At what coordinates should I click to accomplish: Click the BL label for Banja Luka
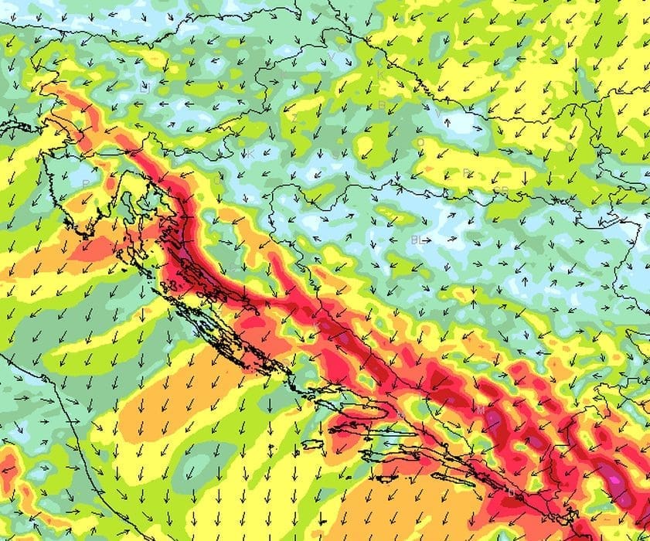417,240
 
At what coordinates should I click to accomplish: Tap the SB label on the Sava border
501,190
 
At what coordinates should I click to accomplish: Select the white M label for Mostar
480,409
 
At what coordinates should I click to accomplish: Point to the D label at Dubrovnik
511,492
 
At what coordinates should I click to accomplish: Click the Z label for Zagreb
294,117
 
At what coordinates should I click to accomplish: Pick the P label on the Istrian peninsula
85,183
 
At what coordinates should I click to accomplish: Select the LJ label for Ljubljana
144,88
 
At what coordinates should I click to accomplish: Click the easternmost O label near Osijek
570,146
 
